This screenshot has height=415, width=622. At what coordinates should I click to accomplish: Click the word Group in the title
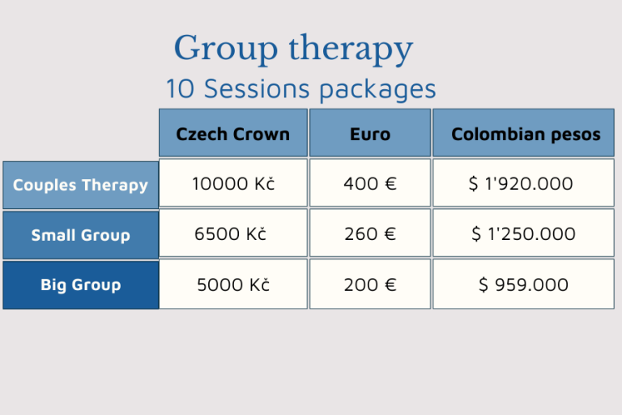[x=225, y=49]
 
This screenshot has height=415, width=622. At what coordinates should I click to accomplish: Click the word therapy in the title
[x=351, y=49]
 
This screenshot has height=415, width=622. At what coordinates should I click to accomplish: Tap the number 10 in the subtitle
[x=180, y=88]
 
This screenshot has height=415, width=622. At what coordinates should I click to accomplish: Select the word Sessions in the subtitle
[x=256, y=88]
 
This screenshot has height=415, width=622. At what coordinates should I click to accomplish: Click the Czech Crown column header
[x=233, y=133]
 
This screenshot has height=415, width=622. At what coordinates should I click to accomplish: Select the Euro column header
[x=370, y=133]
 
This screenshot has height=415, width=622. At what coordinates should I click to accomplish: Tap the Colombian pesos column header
[x=524, y=133]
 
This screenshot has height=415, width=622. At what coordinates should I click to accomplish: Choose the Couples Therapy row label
[x=80, y=185]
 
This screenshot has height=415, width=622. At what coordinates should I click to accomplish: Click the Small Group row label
[x=80, y=235]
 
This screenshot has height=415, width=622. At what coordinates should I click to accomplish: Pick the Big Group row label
[x=80, y=285]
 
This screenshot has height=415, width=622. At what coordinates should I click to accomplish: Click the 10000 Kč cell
[x=233, y=183]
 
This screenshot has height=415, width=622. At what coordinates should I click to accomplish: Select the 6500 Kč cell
[x=233, y=233]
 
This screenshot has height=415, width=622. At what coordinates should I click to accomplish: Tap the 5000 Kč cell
[x=233, y=284]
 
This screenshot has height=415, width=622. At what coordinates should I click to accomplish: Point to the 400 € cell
[x=370, y=183]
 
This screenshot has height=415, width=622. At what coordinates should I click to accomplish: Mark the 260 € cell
[x=370, y=233]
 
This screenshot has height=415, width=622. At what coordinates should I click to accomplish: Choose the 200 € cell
[x=370, y=284]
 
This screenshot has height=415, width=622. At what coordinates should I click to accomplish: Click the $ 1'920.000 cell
[x=524, y=183]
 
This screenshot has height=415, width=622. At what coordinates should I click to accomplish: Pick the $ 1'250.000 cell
[x=524, y=233]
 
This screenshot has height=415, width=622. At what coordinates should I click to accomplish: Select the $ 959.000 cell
[x=524, y=284]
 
